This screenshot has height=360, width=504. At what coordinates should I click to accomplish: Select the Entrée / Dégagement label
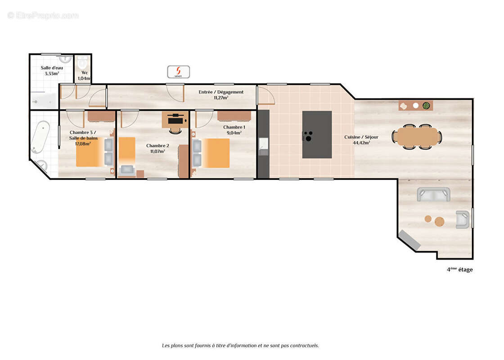[x=221, y=92]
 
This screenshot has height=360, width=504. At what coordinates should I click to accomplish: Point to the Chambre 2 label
[x=157, y=146]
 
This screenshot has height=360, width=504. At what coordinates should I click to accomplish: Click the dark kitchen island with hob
[x=317, y=135]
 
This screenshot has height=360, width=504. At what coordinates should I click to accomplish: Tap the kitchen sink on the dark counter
[x=263, y=144]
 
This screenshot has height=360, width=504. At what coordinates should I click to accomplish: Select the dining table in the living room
[x=417, y=137]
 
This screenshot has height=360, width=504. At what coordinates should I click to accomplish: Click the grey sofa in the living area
[x=433, y=194]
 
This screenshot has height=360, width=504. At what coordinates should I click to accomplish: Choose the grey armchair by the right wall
[x=463, y=220]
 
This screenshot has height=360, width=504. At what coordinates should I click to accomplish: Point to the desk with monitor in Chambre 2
[x=175, y=120]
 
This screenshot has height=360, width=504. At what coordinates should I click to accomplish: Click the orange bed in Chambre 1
[x=215, y=153]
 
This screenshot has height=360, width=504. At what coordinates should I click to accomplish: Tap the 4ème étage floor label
[x=459, y=270]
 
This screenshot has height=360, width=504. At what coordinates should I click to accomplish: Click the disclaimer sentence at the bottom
[x=240, y=346]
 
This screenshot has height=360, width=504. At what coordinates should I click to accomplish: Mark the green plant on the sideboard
[x=426, y=106]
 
